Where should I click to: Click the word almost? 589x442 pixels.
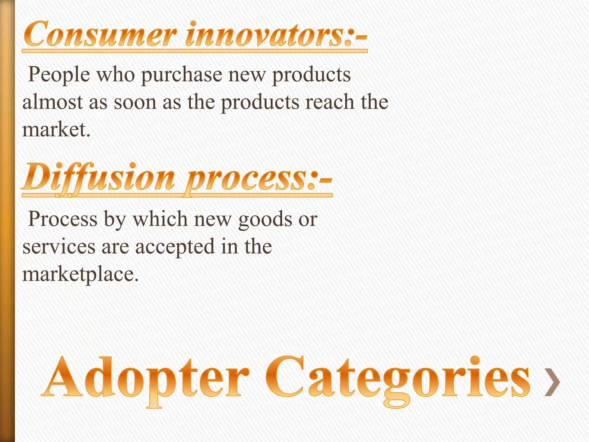pos(53,102)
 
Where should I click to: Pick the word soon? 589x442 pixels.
pos(135,102)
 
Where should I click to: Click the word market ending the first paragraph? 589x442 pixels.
pos(56,129)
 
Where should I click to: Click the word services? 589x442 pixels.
pos(59,247)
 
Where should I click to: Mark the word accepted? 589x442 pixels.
pos(175,247)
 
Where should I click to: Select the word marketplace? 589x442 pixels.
pos(81,274)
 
